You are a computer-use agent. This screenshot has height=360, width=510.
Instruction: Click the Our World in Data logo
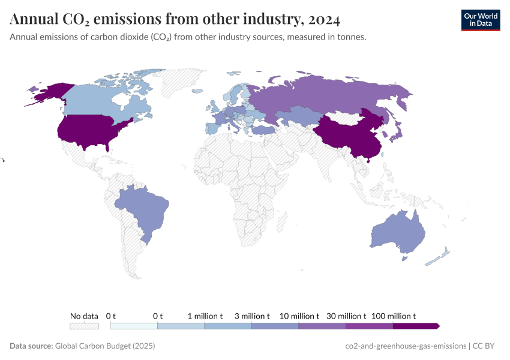click(x=480, y=20)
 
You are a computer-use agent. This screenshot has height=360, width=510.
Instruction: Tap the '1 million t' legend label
click(x=205, y=316)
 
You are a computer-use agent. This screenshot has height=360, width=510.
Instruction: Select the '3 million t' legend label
click(x=252, y=316)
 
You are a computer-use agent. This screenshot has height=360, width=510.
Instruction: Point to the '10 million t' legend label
click(x=299, y=316)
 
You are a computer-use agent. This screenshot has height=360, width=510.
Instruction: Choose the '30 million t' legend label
click(x=346, y=316)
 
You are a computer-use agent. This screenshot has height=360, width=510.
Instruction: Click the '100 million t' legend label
click(x=394, y=316)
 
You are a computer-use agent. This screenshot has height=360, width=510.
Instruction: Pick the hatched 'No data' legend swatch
click(x=84, y=326)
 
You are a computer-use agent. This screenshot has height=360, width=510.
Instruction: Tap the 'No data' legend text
click(x=84, y=316)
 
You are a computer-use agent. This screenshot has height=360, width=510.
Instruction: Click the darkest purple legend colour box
click(x=416, y=326)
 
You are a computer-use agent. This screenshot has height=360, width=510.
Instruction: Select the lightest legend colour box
click(x=134, y=326)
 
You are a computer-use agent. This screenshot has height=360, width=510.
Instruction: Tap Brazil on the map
click(x=144, y=207)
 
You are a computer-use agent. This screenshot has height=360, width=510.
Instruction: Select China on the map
click(x=348, y=132)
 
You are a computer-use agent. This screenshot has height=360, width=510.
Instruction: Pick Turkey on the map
click(x=263, y=130)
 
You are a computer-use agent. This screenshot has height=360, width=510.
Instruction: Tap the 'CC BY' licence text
click(x=484, y=346)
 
